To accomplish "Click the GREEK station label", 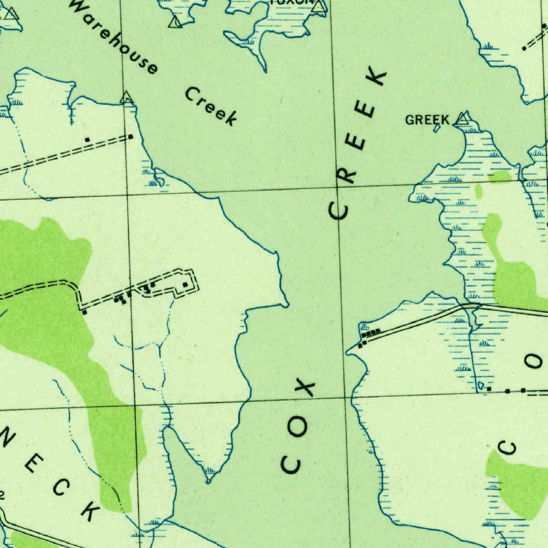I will coord(427,120).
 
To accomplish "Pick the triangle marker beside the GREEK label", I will coord(462,119).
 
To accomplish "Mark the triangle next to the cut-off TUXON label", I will coord(319,6).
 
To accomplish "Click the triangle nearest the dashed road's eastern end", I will coord(126,98).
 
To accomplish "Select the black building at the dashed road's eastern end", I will coord(131,137).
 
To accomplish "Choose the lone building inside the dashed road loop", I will coord(185,285).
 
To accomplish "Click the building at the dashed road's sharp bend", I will coord(85,312).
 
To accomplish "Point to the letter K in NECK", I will coord(90,512).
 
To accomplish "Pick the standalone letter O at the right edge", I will coord(535,362).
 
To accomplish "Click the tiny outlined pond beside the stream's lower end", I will coord(481,385).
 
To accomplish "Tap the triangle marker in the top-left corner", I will coord(11,13).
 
